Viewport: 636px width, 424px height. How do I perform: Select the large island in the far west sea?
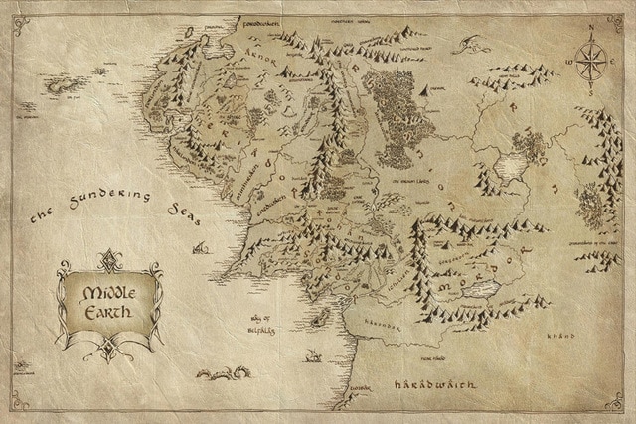click(63, 83)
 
